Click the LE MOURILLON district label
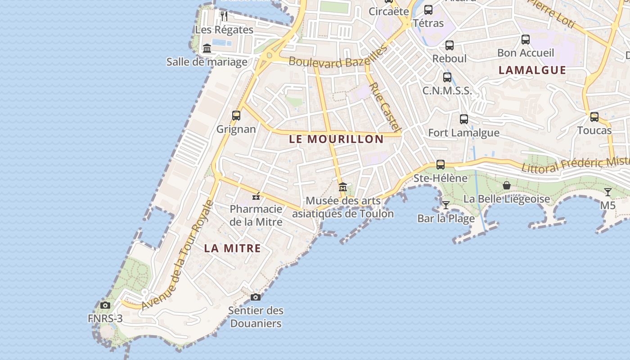[x=336, y=139]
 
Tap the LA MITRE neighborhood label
[x=232, y=248]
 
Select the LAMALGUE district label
[x=532, y=70]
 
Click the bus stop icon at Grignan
[x=236, y=115]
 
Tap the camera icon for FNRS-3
[x=105, y=305]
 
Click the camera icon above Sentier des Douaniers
[x=255, y=297]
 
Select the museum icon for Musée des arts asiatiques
[x=343, y=187]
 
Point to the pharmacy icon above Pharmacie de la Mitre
[x=256, y=196]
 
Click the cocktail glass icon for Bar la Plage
[x=446, y=205]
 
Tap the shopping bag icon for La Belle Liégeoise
[x=507, y=185]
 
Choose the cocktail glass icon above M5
[x=608, y=192]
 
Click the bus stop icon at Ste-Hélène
[x=441, y=165]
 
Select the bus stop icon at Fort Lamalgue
[x=464, y=119]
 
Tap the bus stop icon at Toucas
[x=594, y=117]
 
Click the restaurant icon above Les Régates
[x=224, y=16]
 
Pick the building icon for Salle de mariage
[x=207, y=48]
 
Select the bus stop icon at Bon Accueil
[x=526, y=40]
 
